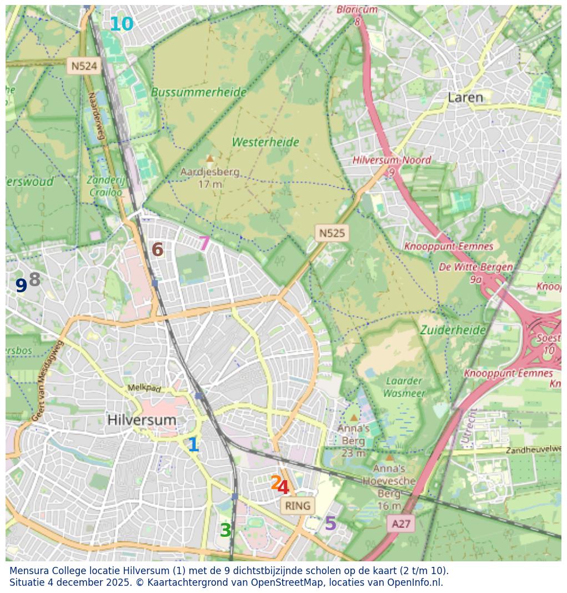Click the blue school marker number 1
193,445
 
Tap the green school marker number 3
225,531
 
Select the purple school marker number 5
330,524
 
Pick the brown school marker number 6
158,250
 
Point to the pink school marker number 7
204,243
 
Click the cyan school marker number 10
121,24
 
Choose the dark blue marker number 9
21,286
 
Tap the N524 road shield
84,66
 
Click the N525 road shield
332,233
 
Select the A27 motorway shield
401,524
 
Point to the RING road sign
298,506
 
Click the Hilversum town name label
142,420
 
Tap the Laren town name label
465,98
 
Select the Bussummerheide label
198,92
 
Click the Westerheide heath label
265,142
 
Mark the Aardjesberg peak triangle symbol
210,158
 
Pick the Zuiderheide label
453,330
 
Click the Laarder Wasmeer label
404,387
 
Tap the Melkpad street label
144,388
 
